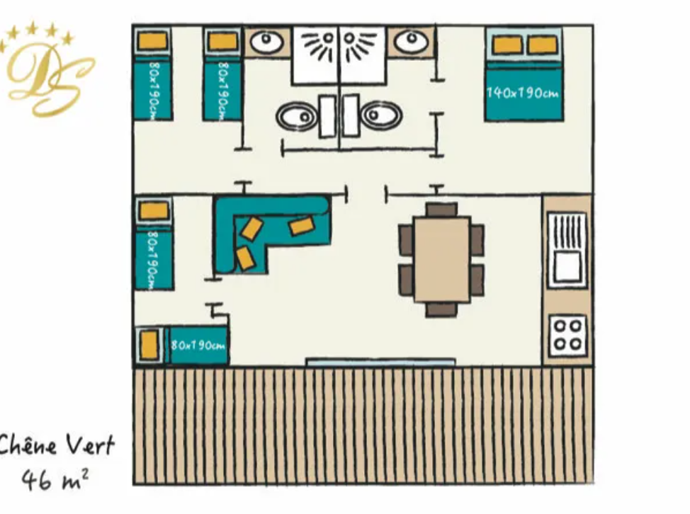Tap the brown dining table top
click(x=442, y=258)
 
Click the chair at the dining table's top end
click(x=442, y=210)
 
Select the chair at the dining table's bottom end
click(x=442, y=309)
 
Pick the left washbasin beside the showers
click(x=268, y=42)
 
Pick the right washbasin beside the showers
click(x=411, y=42)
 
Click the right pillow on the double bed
click(x=543, y=45)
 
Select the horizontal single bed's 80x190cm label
click(x=198, y=345)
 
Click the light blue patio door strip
click(x=380, y=362)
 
